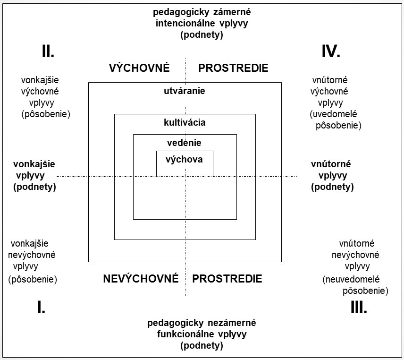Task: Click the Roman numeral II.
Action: click(48, 51)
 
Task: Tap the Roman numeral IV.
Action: click(331, 51)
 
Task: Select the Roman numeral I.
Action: click(41, 307)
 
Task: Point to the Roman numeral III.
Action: click(359, 307)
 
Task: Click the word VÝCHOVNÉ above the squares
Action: click(139, 68)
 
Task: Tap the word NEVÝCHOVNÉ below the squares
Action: click(141, 279)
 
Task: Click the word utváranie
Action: click(185, 91)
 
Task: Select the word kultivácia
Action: click(185, 122)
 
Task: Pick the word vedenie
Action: click(184, 143)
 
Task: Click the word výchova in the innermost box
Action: click(184, 159)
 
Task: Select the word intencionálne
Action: click(185, 23)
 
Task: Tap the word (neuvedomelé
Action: click(351, 279)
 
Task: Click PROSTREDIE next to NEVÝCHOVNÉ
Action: click(227, 279)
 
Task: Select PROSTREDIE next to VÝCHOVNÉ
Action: click(233, 68)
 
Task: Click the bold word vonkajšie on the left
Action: click(34, 164)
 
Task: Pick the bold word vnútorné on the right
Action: click(331, 164)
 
